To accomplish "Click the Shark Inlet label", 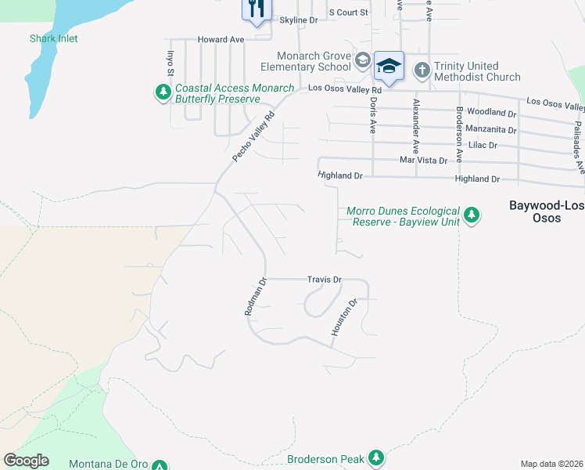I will tap(54, 38).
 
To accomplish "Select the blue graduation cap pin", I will tap(388, 66).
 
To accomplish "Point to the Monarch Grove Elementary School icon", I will tap(362, 61).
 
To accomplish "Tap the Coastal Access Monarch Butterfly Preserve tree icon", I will tap(163, 93).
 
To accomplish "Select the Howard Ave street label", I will tap(221, 39).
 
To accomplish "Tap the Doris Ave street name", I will tap(374, 114).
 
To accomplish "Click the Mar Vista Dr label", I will tap(423, 160).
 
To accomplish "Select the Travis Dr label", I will tap(325, 279).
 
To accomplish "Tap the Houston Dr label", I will tap(343, 317).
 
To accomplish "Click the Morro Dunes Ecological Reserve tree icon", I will tap(471, 214).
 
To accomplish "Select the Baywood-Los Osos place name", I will tap(546, 211).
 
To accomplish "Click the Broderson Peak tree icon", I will tap(376, 457).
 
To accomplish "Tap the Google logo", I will tap(26, 461).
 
